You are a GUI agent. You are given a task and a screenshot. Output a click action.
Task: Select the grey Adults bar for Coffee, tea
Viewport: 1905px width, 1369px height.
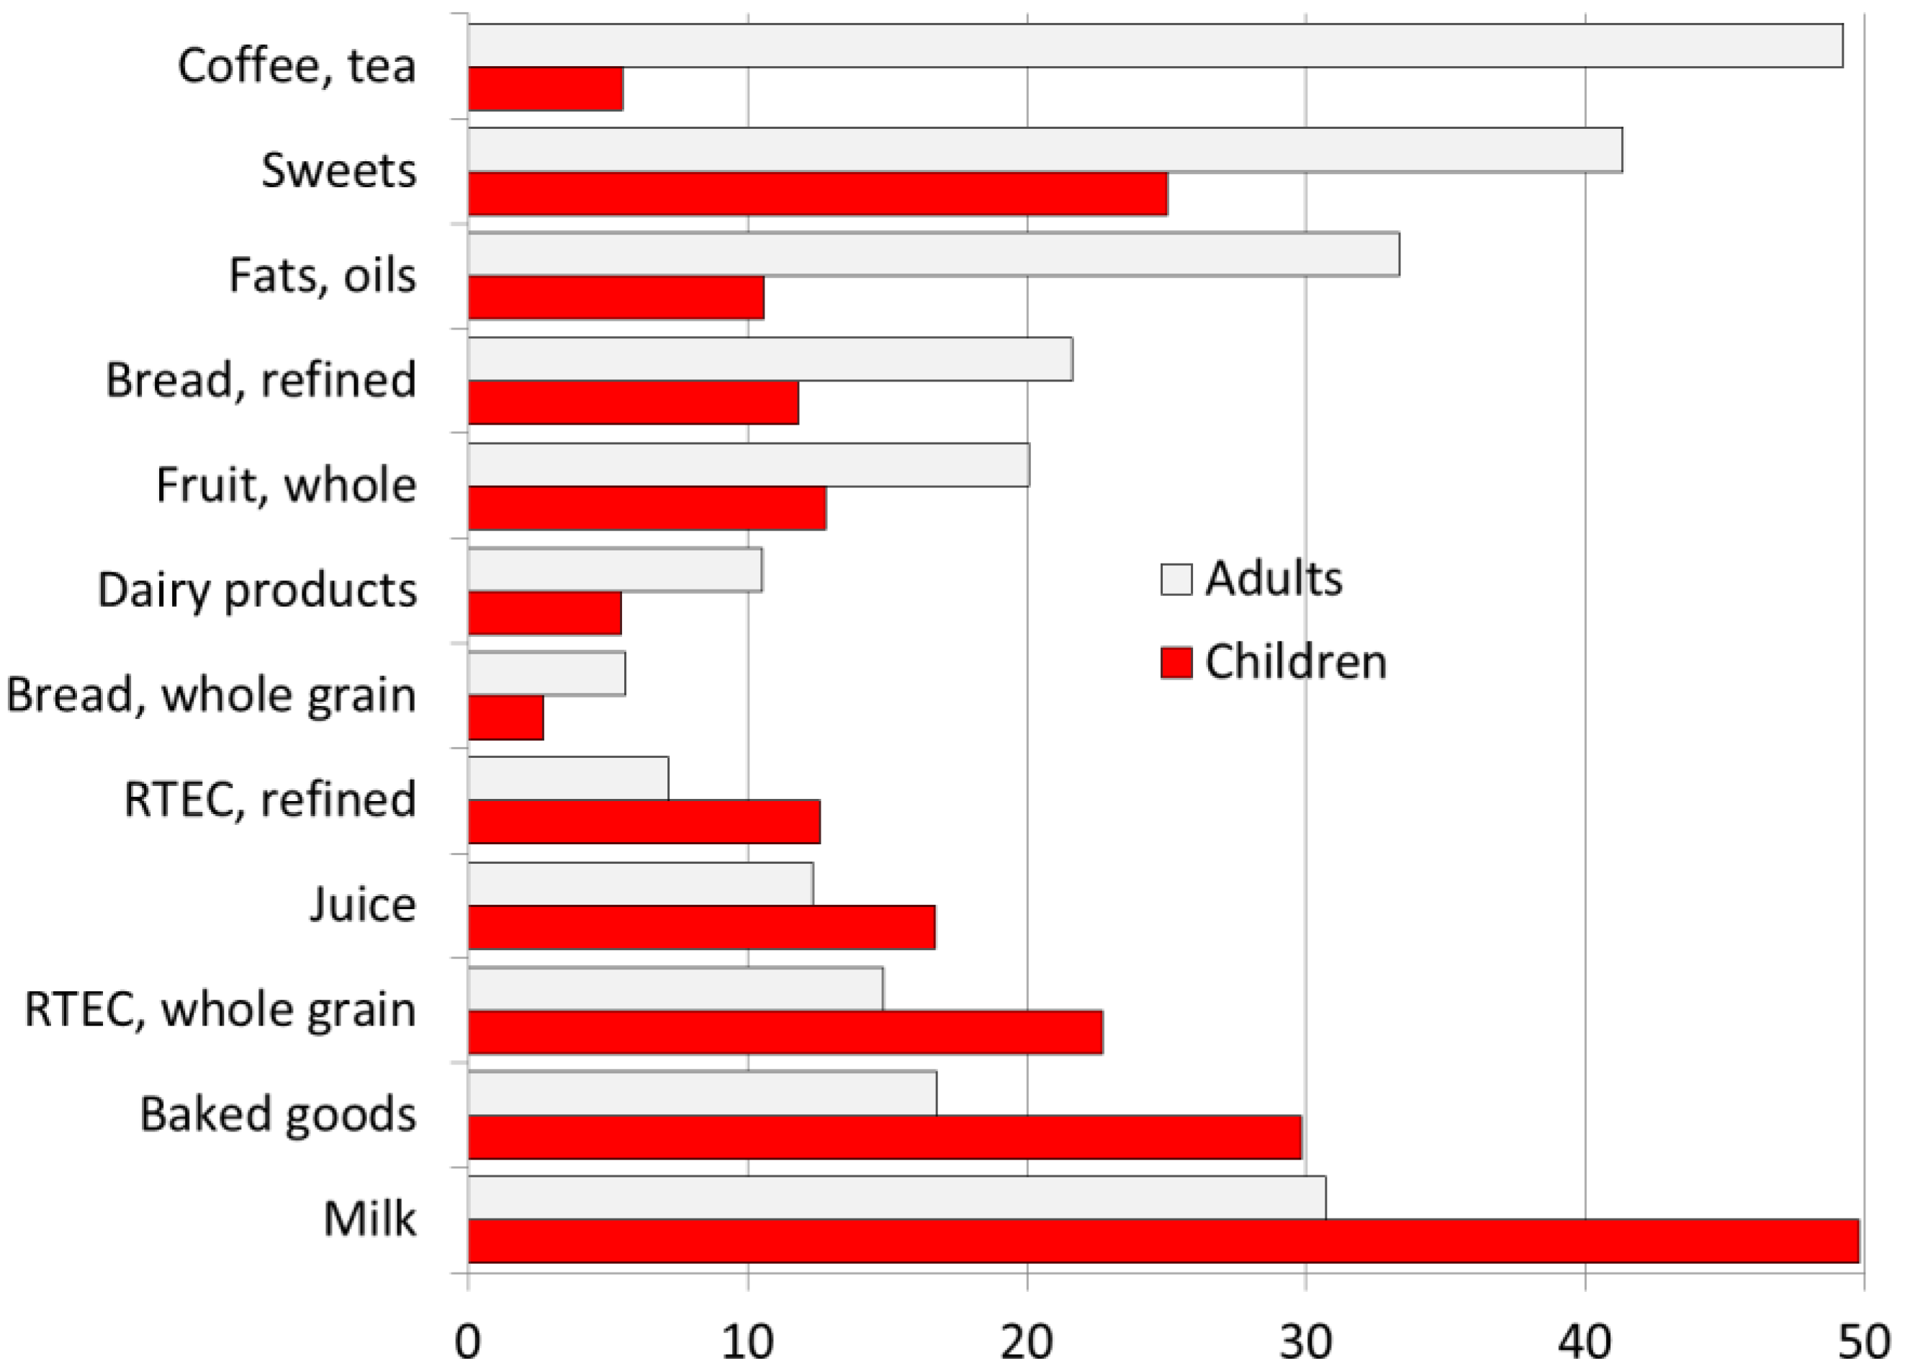coord(1155,45)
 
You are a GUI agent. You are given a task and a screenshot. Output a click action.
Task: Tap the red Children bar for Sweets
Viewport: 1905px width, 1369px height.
coord(817,194)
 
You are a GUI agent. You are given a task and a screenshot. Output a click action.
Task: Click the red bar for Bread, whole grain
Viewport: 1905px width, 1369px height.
coord(505,718)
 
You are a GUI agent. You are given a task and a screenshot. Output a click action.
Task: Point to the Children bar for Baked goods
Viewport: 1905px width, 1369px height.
coord(884,1137)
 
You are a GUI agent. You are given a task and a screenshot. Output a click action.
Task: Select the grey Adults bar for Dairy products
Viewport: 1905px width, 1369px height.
coord(615,569)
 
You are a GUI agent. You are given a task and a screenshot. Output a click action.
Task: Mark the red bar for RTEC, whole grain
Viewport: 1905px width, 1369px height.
coord(785,1032)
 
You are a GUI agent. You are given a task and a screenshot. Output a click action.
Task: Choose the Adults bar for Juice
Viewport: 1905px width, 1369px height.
coord(640,884)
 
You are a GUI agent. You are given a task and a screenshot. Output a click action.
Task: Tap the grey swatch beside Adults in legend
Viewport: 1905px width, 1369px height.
coord(1176,579)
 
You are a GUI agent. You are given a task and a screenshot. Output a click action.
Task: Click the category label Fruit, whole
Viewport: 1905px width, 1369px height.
coord(286,485)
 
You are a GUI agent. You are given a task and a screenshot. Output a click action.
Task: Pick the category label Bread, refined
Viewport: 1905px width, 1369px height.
coord(261,381)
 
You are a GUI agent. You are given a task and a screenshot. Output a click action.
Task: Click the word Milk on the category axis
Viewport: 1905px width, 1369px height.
coord(369,1219)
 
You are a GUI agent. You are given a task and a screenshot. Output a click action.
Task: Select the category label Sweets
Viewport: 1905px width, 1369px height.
coord(338,171)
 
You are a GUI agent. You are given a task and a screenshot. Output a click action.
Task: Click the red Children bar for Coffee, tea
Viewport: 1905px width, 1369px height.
coord(545,89)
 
